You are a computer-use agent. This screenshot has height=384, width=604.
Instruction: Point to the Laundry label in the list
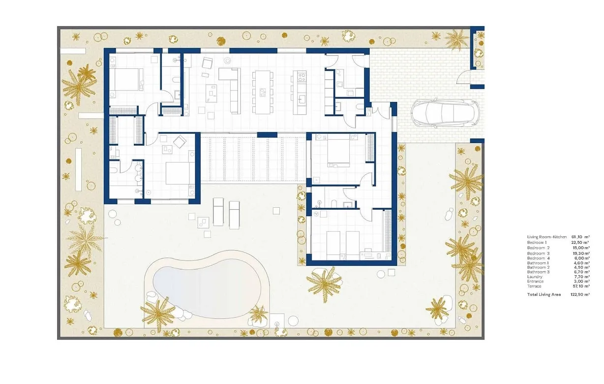point(534,277)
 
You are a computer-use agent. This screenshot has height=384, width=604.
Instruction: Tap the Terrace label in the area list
point(534,286)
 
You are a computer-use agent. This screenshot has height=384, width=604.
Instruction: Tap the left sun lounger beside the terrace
point(218,211)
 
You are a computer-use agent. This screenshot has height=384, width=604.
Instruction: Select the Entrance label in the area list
point(535,282)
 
